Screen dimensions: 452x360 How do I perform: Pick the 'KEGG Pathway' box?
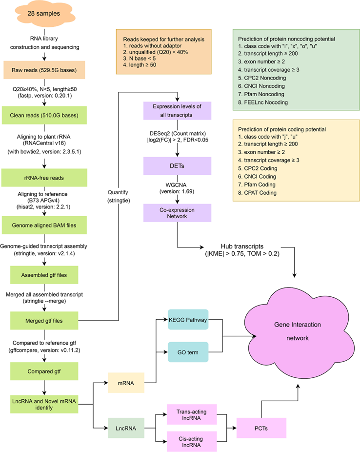point(188,320)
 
